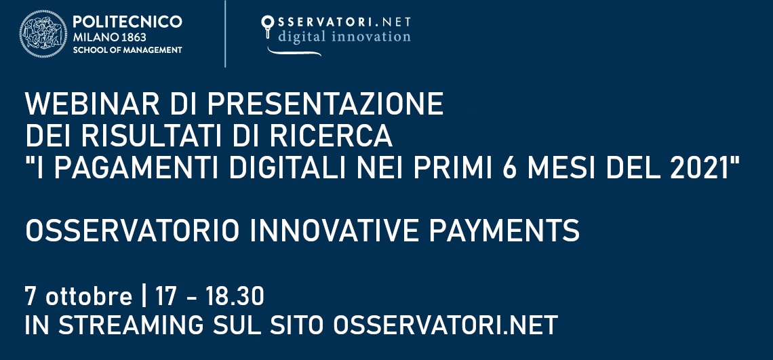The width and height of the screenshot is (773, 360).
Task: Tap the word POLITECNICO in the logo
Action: [127, 22]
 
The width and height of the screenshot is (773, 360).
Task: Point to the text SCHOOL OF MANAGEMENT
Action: [127, 50]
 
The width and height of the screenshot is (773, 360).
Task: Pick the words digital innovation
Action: [344, 37]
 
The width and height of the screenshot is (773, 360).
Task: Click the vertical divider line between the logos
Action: [225, 34]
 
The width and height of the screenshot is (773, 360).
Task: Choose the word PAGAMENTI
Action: [138, 168]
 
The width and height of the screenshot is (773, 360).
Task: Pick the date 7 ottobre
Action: [78, 296]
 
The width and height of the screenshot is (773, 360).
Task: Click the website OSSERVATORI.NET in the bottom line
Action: [445, 325]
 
